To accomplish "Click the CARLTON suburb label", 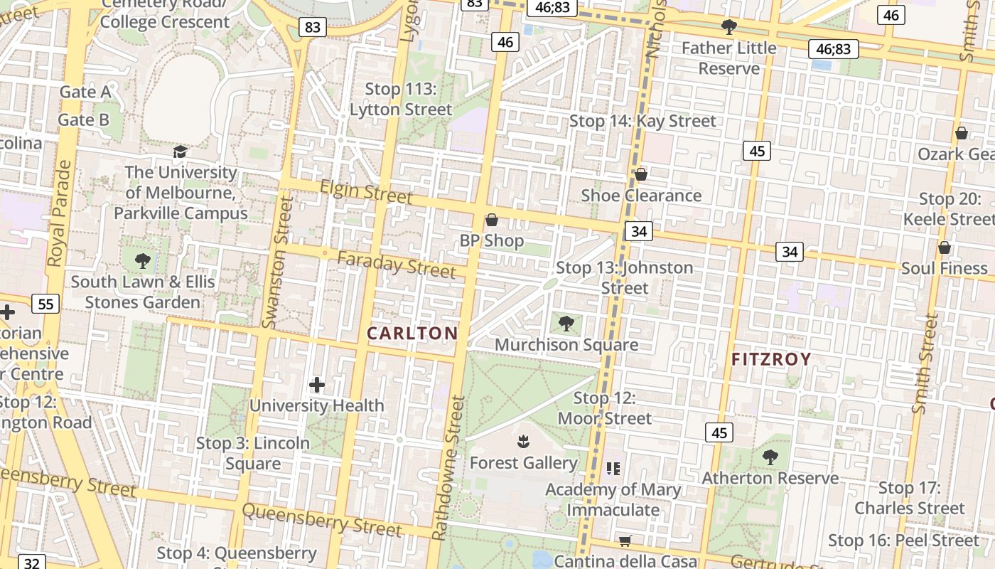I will coord(412,333).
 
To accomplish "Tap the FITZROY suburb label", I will coord(771,359).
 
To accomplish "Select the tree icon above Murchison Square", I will coord(566,324).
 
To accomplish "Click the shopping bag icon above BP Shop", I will coord(491,220).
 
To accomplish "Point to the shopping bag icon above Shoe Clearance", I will coord(641,174).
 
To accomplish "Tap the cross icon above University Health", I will coord(317,385).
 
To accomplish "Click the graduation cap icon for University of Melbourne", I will coord(181,151).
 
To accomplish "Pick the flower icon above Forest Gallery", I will coord(524,442).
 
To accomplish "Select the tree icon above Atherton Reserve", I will coord(770,457).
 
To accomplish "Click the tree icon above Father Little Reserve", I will coord(728,27).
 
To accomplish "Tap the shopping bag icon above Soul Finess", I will coord(945,248).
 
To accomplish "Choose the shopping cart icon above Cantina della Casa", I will coord(625,541).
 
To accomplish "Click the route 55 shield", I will coord(45,304).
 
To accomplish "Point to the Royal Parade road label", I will coord(60,213).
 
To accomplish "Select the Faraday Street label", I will coord(396,265).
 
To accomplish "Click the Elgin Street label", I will coord(366,191).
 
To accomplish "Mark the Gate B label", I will coord(84,119).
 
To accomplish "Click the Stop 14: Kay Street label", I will coord(642,121).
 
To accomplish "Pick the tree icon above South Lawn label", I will coord(143,260).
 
